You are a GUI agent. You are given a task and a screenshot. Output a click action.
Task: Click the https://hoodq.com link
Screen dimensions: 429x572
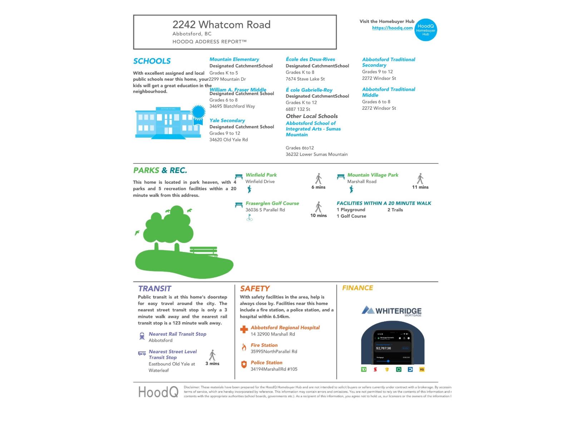tap(392, 28)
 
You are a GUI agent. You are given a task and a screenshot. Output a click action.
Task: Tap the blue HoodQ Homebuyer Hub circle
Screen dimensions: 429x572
tap(425, 30)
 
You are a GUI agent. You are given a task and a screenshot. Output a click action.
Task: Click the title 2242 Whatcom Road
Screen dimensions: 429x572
tap(221, 25)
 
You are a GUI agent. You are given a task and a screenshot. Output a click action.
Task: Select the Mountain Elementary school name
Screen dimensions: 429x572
tap(234, 59)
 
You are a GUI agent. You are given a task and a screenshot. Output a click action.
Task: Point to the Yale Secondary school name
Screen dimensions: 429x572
tap(227, 120)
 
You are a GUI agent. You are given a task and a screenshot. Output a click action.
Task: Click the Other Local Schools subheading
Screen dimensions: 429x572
tap(311, 116)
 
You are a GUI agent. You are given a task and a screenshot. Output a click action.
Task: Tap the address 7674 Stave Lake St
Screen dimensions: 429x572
tap(305, 79)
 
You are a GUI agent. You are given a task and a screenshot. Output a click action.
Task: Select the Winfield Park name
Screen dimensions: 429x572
tap(261, 175)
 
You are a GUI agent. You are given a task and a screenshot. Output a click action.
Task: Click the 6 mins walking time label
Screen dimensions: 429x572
tap(318, 187)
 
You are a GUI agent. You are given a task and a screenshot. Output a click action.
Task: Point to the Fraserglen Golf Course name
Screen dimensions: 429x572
tap(272, 203)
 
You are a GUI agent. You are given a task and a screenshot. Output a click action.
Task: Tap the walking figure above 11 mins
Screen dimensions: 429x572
tap(420, 178)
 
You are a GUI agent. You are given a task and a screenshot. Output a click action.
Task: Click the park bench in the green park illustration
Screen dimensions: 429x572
tap(203, 251)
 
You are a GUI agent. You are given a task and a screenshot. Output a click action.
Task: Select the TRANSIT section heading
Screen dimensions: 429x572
tap(154, 289)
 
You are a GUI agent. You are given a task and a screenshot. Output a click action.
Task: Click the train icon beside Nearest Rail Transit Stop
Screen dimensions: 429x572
tap(142, 336)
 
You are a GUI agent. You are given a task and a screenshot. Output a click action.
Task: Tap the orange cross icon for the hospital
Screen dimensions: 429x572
tap(244, 329)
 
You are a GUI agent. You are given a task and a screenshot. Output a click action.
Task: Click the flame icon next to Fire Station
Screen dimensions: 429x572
tap(244, 347)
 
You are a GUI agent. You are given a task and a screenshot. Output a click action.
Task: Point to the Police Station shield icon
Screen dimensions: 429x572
tap(244, 364)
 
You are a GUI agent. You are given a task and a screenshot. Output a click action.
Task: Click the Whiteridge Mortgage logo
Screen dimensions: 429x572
tap(392, 311)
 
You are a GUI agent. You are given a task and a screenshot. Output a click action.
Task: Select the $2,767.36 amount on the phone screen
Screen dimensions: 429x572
tap(383, 348)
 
